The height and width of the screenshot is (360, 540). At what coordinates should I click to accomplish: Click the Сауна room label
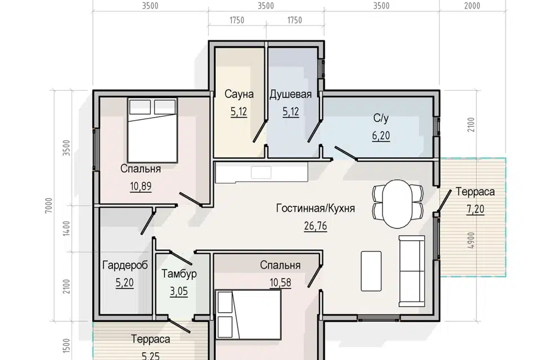pos(239,94)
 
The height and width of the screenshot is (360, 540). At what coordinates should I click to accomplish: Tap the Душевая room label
pos(290,94)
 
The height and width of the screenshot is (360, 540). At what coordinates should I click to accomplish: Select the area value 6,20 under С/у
pos(381,136)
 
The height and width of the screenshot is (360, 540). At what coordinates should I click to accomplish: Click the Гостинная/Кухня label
pos(316,209)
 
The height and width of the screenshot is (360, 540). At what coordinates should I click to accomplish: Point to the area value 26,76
pos(316,226)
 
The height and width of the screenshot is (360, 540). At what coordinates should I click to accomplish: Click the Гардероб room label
pos(125,265)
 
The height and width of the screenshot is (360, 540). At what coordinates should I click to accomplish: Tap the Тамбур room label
pos(179,274)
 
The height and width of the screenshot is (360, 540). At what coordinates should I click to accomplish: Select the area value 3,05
pos(179,291)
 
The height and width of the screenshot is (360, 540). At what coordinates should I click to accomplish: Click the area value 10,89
pos(141,186)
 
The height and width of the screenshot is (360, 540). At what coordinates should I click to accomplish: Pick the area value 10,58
pos(280,282)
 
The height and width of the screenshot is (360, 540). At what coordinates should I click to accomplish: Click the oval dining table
pos(398,204)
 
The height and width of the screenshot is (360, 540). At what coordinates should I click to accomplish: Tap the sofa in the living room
pos(412,271)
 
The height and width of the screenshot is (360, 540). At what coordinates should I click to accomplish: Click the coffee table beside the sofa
pos(371,271)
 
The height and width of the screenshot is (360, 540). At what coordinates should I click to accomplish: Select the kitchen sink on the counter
pos(261,172)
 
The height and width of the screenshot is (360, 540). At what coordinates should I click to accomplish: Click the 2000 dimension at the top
pos(472,6)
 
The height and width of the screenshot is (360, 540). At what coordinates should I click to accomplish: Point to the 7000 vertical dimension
pos(49,205)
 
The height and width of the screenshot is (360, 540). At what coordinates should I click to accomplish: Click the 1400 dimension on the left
pos(66,228)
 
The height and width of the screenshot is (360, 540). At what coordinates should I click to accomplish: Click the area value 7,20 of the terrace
pos(475,209)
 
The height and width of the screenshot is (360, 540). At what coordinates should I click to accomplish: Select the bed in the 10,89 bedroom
pos(152,130)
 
